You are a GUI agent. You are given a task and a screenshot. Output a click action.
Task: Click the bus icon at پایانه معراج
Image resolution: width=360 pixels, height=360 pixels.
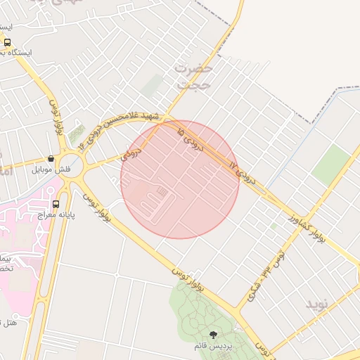(56, 205)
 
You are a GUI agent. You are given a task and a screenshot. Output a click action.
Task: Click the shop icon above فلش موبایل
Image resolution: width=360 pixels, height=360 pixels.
(51, 159)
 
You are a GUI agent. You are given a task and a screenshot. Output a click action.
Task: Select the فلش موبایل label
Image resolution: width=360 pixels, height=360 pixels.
(50, 169)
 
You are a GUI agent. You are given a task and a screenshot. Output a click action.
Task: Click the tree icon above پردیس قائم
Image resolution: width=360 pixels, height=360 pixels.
(213, 335)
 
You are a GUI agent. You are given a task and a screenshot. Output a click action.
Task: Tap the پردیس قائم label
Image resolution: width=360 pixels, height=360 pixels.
(213, 346)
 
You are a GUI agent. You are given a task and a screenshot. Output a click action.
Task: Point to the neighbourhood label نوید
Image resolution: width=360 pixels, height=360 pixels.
(316, 304)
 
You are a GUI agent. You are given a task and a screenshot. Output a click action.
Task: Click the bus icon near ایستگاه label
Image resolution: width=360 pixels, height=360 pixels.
(7, 42)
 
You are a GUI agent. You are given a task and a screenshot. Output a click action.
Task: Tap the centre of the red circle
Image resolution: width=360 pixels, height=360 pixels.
(180, 179)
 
